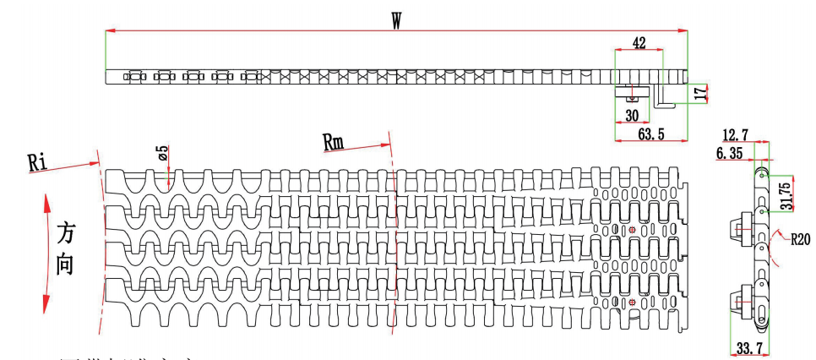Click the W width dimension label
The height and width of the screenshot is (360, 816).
[x=397, y=20]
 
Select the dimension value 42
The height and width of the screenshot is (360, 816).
[x=639, y=42]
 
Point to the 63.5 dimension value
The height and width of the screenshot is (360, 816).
[x=650, y=134]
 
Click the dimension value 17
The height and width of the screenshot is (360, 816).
[x=700, y=92]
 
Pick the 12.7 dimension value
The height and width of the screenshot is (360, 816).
[x=737, y=134]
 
